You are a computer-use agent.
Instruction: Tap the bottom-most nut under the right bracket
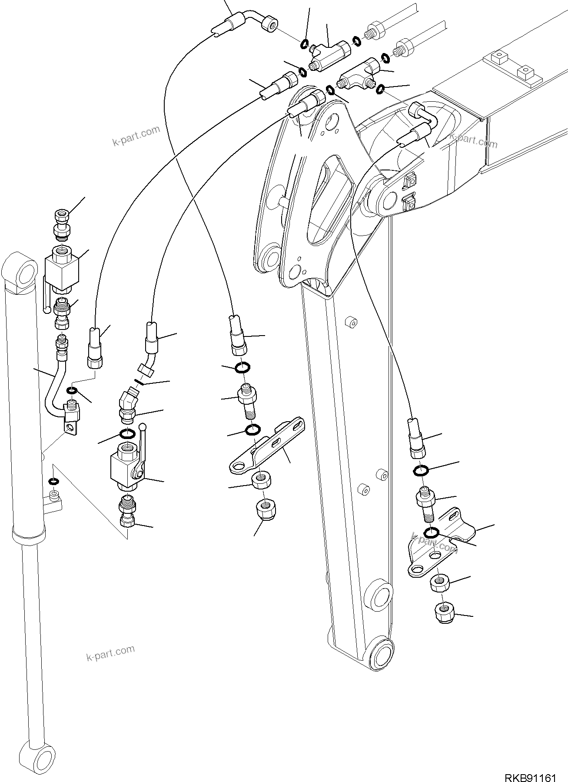click(444, 613)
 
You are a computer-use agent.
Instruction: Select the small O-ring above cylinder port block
click(54, 481)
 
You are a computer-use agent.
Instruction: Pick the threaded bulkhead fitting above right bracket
click(426, 502)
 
